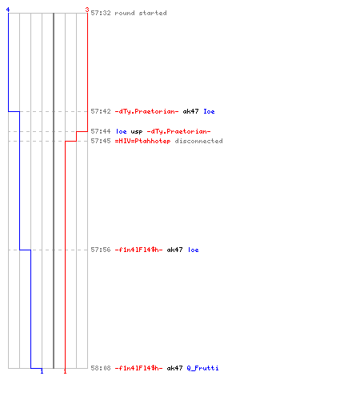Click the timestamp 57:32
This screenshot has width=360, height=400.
click(101, 13)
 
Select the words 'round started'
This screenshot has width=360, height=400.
click(141, 13)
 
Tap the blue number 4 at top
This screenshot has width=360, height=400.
click(8, 10)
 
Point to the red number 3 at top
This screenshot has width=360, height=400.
click(87, 10)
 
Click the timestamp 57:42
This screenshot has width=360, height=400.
click(101, 111)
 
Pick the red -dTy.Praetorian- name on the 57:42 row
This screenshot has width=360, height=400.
click(146, 111)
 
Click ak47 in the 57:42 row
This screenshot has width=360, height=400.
click(190, 111)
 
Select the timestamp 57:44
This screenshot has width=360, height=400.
click(101, 131)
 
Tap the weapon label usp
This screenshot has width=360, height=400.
click(137, 132)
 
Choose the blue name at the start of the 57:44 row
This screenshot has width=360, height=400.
click(121, 131)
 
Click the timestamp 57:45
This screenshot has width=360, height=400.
click(101, 141)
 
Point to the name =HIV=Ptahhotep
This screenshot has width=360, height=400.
click(142, 141)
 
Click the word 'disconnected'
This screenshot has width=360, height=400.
click(198, 141)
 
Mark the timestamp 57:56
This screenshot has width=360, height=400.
click(101, 250)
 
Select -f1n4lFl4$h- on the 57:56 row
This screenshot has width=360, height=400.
click(138, 250)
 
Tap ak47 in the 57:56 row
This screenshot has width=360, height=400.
click(174, 250)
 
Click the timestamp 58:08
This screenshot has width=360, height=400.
click(101, 368)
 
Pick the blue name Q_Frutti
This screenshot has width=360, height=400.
click(202, 368)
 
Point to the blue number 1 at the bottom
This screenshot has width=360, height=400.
click(42, 371)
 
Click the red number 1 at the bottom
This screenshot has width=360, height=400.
click(65, 371)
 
